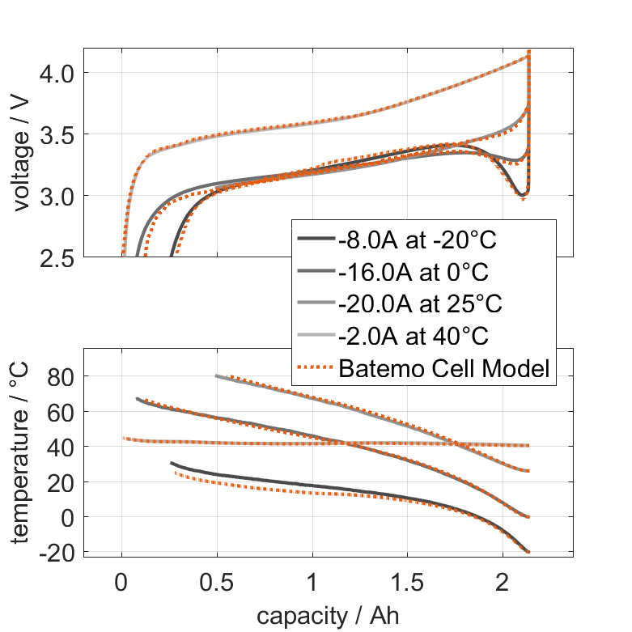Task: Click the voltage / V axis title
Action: [22, 154]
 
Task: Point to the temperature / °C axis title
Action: [22, 454]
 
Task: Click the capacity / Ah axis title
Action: [328, 616]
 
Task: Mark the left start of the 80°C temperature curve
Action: [217, 375]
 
